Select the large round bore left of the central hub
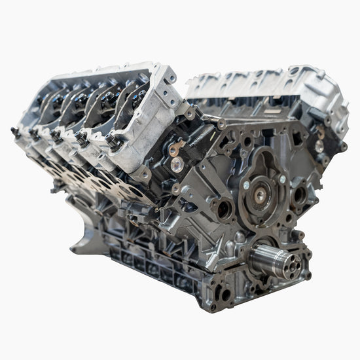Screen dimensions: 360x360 pyautogui.click(x=223, y=209)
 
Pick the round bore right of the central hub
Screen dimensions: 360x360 pyautogui.click(x=300, y=194)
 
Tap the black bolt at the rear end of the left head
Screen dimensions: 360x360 pyautogui.click(x=14, y=131)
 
